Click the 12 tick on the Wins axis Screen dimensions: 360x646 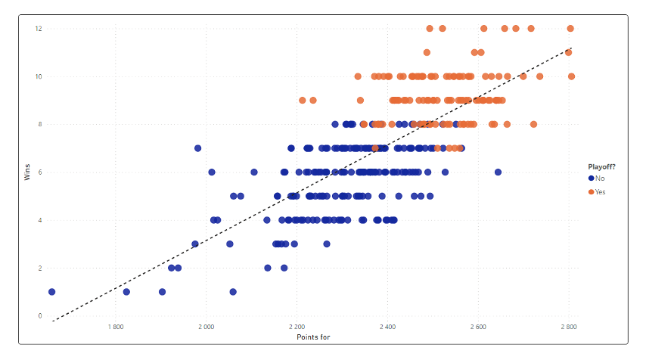point(39,29)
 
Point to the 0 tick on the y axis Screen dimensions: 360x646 point(40,316)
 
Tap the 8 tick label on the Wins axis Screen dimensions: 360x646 point(40,124)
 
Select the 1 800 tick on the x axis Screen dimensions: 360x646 point(115,327)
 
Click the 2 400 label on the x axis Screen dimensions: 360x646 point(387,327)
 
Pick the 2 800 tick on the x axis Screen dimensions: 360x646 point(569,327)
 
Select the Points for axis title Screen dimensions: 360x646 point(312,337)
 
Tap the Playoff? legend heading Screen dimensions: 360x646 point(603,166)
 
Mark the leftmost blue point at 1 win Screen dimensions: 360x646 point(52,292)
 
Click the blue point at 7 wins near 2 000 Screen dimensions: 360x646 point(198,148)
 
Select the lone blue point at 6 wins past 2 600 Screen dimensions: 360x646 point(498,172)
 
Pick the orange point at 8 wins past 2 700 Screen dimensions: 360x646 point(533,125)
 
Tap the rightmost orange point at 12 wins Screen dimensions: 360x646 point(570,29)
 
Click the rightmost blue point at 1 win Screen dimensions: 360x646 point(233,292)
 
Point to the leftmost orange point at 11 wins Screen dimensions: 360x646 point(427,53)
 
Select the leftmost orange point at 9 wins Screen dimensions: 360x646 point(303,101)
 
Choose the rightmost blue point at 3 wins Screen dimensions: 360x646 point(327,244)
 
